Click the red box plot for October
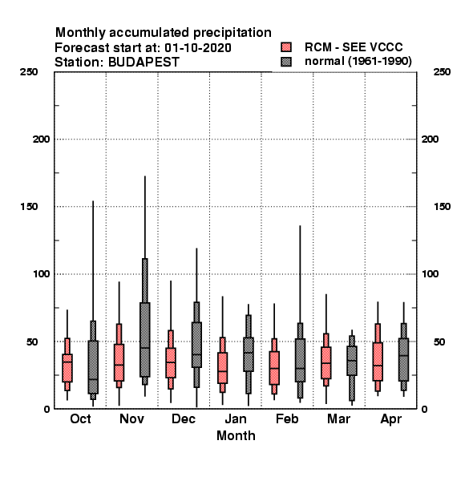point(67,365)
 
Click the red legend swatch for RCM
point(286,47)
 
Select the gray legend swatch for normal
point(286,62)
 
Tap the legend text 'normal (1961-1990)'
point(358,62)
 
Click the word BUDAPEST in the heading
point(144,63)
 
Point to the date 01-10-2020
point(198,48)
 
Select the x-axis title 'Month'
point(236,435)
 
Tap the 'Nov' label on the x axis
point(131,418)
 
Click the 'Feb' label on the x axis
point(287,418)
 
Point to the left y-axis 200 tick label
point(41,139)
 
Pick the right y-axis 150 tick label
point(442,207)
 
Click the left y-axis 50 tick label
point(32,342)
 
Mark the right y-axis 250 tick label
point(442,72)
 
